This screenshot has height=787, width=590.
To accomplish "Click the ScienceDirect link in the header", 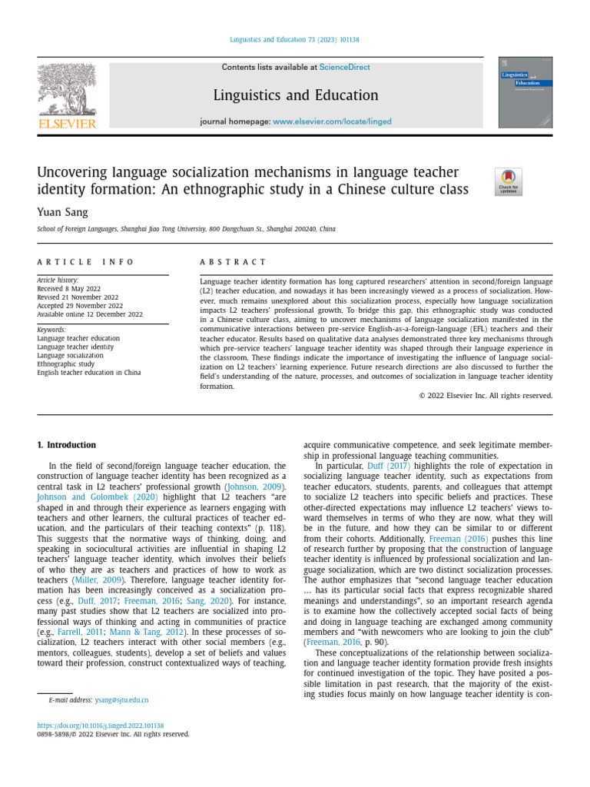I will click(345, 68).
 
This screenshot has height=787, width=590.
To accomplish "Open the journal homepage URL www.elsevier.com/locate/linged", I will click(332, 121).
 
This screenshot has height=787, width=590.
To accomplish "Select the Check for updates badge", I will click(508, 182).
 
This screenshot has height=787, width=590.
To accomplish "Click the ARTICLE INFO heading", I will click(85, 262).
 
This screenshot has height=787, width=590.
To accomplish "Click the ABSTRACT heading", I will click(233, 262).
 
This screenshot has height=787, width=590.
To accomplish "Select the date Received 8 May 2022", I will click(73, 289).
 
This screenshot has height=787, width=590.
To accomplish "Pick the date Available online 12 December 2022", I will click(90, 314).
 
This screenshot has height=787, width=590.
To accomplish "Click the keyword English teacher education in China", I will click(89, 373).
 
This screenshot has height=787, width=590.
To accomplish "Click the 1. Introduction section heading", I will click(67, 445).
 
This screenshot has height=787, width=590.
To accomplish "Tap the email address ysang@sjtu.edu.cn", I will click(121, 700).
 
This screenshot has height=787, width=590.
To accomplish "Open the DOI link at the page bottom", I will click(101, 725).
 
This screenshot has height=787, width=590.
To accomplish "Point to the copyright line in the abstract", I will click(486, 396).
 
